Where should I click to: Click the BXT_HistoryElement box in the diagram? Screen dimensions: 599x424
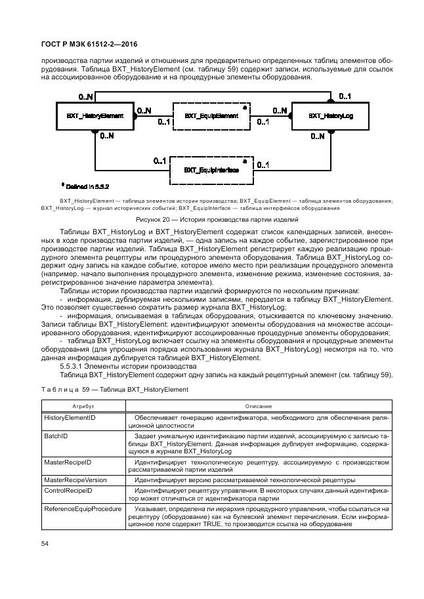pyautogui.click(x=95, y=115)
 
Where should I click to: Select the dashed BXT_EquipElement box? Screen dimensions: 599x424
pyautogui.click(x=211, y=115)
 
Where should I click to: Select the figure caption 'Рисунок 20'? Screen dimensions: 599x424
pyautogui.click(x=217, y=219)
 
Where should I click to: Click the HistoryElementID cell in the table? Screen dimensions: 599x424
pyautogui.click(x=70, y=418)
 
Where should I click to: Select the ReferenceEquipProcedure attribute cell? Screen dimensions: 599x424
pyautogui.click(x=81, y=508)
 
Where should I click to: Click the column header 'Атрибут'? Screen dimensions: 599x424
pyautogui.click(x=81, y=407)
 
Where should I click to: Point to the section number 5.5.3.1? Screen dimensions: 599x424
pyautogui.click(x=75, y=366)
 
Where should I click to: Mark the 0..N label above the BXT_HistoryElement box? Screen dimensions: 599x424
pyautogui.click(x=85, y=97)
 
